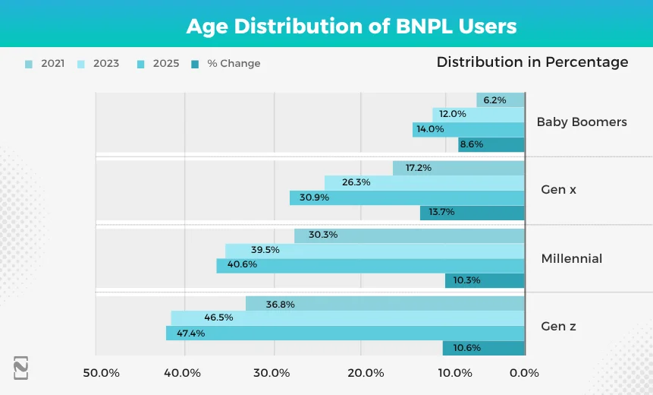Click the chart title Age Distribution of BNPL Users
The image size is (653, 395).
pyautogui.click(x=351, y=27)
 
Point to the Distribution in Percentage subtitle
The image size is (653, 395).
pyautogui.click(x=532, y=62)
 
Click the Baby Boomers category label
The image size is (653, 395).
pyautogui.click(x=582, y=122)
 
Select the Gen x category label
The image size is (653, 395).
pyautogui.click(x=558, y=189)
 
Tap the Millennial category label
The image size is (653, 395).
pyautogui.click(x=571, y=258)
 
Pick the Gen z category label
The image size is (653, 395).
pyautogui.click(x=558, y=326)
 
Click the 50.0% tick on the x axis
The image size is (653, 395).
pyautogui.click(x=102, y=373)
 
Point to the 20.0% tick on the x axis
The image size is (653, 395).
pyautogui.click(x=366, y=373)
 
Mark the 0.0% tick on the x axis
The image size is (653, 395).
pyautogui.click(x=524, y=373)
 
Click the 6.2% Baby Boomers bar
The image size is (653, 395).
pyautogui.click(x=501, y=100)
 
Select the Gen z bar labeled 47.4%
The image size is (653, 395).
pyautogui.click(x=345, y=333)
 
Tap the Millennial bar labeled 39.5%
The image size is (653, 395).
pyautogui.click(x=375, y=250)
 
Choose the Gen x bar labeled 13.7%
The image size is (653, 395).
pyautogui.click(x=472, y=213)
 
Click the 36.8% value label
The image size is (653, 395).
pyautogui.click(x=280, y=304)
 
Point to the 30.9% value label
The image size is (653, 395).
pyautogui.click(x=313, y=197)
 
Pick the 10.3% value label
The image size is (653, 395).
pyautogui.click(x=466, y=280)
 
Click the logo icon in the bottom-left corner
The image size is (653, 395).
pyautogui.click(x=20, y=368)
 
